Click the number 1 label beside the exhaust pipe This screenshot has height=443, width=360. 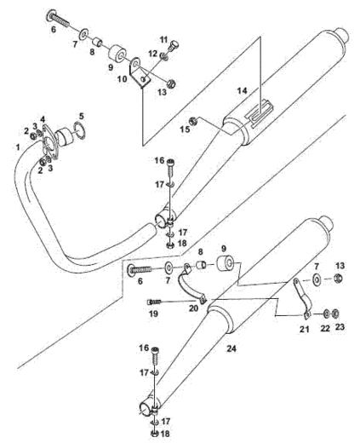click(x=18, y=147)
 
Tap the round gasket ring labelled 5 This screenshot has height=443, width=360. click(x=79, y=130)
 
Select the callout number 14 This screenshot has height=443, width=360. click(x=242, y=91)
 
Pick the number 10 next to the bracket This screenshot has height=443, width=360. click(x=123, y=78)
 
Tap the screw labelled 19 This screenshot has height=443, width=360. click(x=154, y=302)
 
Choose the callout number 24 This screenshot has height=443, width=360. click(x=231, y=348)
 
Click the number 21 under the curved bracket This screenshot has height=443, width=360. click(x=305, y=329)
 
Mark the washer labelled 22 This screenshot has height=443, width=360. click(x=327, y=314)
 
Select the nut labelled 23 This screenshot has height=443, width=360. click(x=335, y=314)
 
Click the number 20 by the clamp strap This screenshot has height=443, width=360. click(x=193, y=308)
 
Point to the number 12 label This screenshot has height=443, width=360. click(x=153, y=53)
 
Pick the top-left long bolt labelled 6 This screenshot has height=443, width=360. click(x=57, y=17)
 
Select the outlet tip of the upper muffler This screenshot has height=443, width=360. click(x=342, y=35)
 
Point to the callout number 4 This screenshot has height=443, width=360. click(x=43, y=119)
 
